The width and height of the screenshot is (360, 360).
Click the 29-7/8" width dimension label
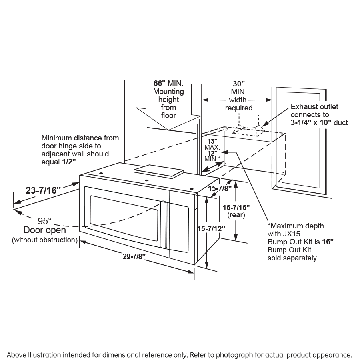134,257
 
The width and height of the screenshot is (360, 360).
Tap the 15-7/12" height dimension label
211,229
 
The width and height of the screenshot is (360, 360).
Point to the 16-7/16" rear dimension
236,207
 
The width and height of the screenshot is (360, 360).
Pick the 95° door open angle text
45,221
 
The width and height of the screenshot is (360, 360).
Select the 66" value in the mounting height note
160,84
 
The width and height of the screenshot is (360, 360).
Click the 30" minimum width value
239,84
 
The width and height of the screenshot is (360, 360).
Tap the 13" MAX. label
212,141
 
